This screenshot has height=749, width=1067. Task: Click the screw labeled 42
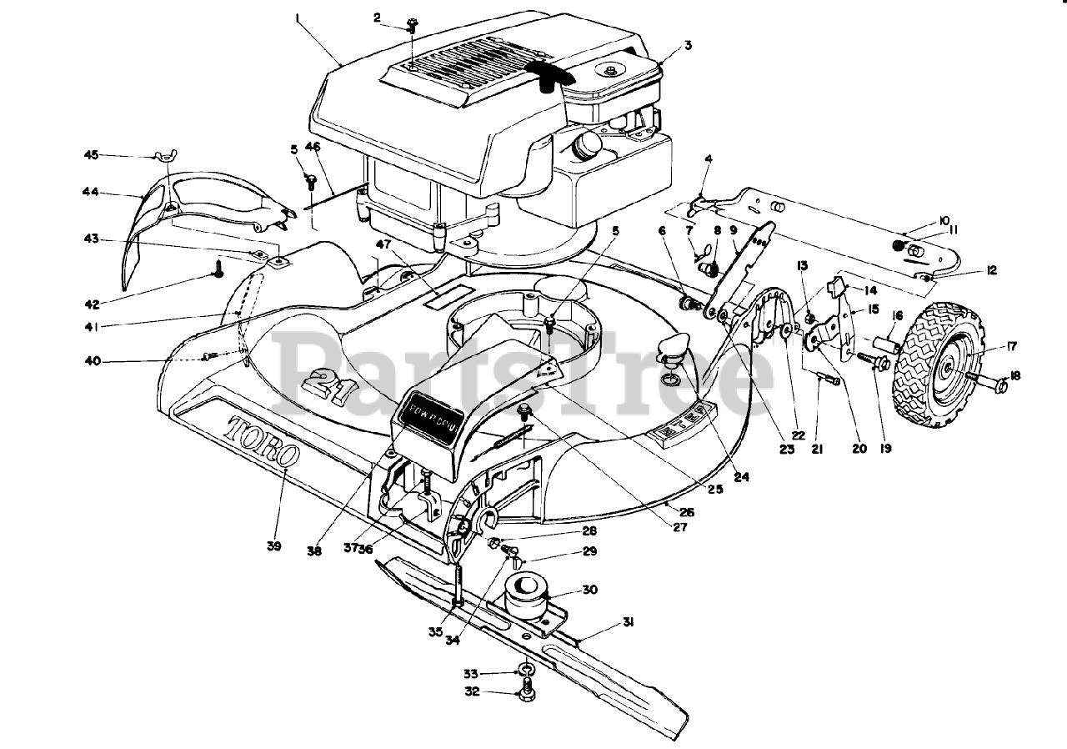(x=220, y=269)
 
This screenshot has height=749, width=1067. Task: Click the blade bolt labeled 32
(x=526, y=687)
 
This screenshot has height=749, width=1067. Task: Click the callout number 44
(x=91, y=192)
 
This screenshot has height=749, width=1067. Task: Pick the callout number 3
(x=688, y=46)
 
